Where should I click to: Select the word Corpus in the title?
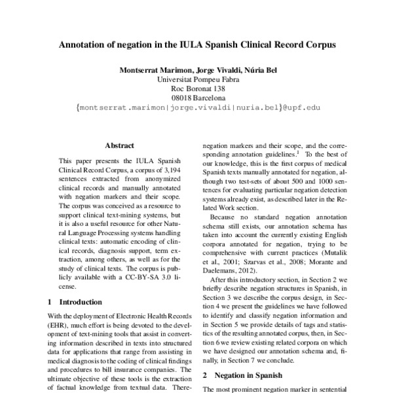click(319, 47)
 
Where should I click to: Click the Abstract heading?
click(119, 145)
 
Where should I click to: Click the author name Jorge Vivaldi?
click(210, 70)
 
